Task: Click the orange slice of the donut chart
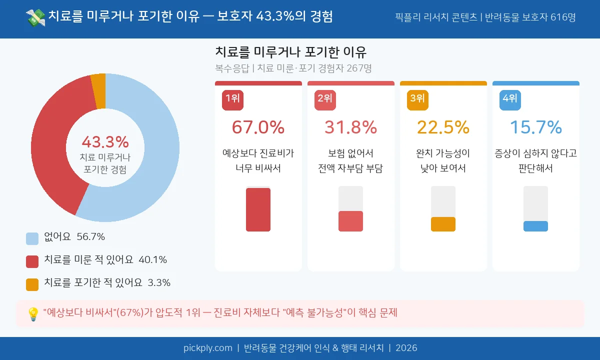click(98, 91)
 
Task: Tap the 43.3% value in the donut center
click(105, 142)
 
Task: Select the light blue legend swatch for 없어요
click(32, 238)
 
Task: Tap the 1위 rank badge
click(232, 99)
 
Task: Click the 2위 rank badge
click(325, 99)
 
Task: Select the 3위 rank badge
click(417, 99)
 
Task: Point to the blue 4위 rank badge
click(510, 99)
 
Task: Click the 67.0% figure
click(258, 127)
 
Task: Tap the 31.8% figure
click(350, 127)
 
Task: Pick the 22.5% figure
click(443, 127)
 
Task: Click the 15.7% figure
click(535, 127)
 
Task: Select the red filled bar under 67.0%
click(258, 209)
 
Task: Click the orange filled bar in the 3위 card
click(443, 224)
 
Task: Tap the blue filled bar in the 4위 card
click(535, 226)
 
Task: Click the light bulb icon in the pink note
click(33, 314)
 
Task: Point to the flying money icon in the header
click(35, 18)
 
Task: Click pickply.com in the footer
click(207, 348)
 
